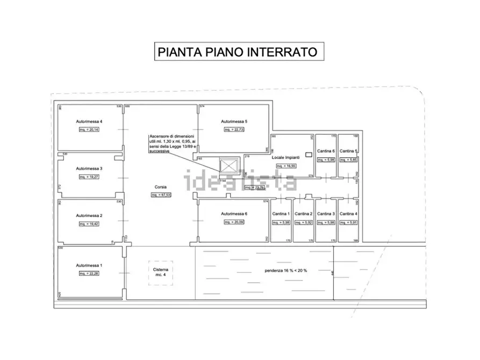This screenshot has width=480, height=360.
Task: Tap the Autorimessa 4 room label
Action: tap(89, 121)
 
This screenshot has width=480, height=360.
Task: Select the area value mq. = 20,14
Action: tap(89, 129)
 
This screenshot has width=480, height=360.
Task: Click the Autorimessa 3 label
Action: tap(89, 168)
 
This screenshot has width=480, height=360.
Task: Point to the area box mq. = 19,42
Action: tap(89, 223)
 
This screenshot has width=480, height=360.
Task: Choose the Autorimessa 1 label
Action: tap(89, 265)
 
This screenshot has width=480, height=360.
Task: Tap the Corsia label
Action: tap(161, 188)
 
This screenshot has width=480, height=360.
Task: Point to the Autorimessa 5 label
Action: tap(234, 121)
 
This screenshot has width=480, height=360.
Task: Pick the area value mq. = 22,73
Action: tap(234, 129)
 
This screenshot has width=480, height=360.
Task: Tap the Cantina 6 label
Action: tap(326, 151)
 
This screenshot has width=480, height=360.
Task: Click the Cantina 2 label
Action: tap(304, 214)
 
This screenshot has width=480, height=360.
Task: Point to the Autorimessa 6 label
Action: tap(234, 214)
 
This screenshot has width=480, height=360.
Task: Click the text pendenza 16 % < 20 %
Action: tap(286, 270)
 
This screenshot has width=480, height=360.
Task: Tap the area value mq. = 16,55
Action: tap(285, 167)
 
